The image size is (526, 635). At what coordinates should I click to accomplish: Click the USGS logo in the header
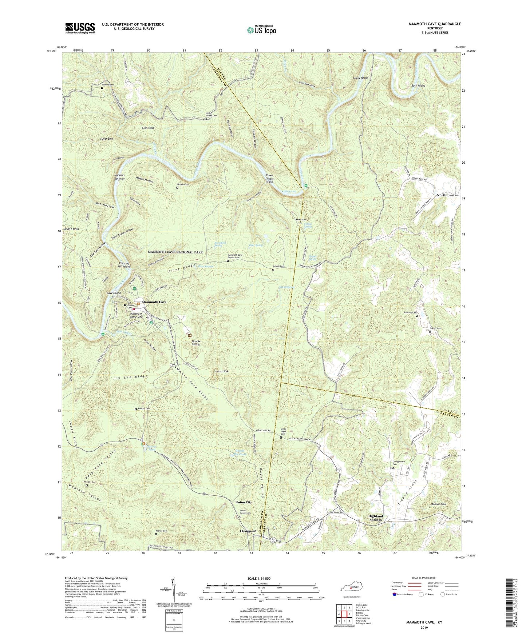pos(80,28)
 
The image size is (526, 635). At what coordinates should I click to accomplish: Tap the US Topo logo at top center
pos(261,29)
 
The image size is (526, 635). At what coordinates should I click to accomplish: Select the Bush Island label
pos(418,85)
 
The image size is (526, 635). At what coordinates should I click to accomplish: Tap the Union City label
pos(244,502)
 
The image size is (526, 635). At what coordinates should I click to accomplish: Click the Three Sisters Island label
pos(269,179)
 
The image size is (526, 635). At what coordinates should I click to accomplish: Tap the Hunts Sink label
pos(222,371)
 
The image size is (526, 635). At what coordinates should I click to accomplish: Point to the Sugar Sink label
pos(106,139)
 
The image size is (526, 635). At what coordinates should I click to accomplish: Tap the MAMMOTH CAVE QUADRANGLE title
pos(435,24)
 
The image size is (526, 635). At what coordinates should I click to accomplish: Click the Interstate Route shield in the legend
pos(396,595)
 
